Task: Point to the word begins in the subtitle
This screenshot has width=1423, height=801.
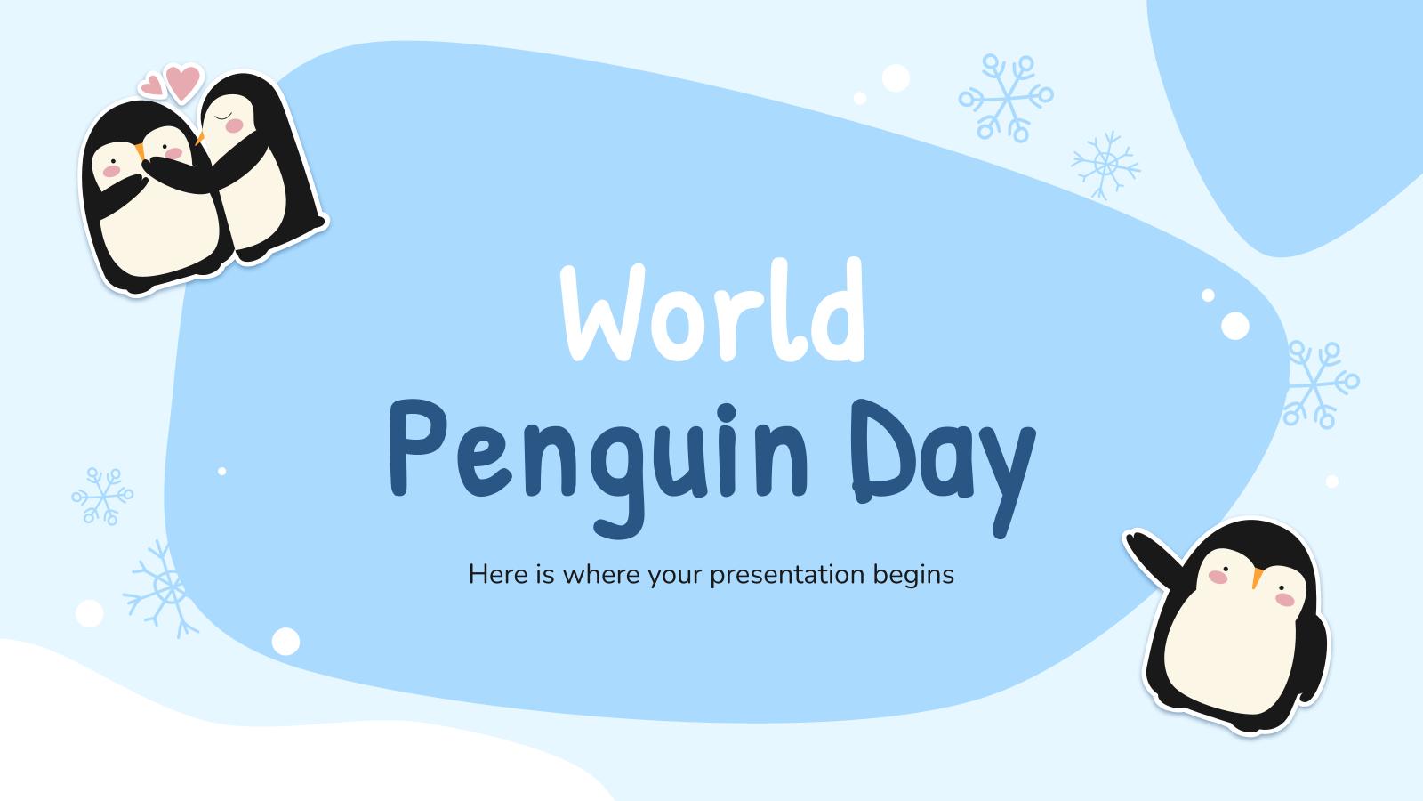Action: pos(913,575)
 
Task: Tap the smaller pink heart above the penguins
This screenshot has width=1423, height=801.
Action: pos(152,85)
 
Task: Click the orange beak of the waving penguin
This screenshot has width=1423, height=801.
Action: pos(1256,578)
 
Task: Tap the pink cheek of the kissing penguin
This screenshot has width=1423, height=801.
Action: pos(235,126)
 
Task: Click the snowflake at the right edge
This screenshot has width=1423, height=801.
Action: pos(1321,384)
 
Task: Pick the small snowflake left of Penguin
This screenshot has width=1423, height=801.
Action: pos(102,495)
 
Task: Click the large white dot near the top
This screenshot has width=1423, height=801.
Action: pos(896,77)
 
